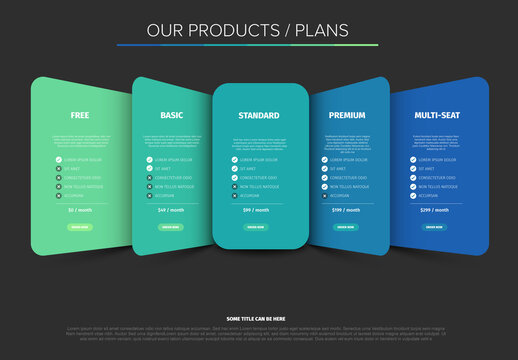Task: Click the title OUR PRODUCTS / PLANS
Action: coord(247,30)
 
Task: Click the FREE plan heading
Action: coord(80,116)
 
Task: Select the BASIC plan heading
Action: coord(171,116)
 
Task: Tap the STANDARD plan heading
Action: coord(259,116)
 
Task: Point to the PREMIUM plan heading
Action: coord(346,116)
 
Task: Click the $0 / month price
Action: coord(80,210)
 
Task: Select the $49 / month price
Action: coord(171,210)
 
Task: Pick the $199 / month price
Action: coord(346,210)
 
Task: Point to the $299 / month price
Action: coord(433,210)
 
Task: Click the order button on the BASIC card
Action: coord(171,227)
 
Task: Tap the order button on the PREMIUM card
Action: coord(346,227)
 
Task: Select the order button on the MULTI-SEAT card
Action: coord(433,227)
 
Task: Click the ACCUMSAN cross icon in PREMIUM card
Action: coord(325,196)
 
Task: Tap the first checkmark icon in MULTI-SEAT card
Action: coord(413,159)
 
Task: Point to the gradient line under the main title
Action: coord(247,45)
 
